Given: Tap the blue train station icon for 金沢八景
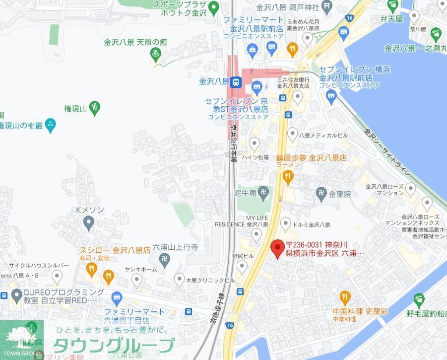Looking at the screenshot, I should (237, 81).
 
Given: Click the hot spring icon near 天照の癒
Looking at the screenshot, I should (156, 53).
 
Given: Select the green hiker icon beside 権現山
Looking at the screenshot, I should (94, 106).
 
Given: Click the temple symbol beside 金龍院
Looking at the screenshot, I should (321, 192).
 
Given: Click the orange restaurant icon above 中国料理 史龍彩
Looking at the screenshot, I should (345, 297).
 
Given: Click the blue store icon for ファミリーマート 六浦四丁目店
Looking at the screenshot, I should (117, 299).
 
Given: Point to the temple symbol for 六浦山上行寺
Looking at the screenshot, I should (165, 258).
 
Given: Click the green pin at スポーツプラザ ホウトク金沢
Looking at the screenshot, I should (214, 7).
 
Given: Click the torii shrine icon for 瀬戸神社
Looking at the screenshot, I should (327, 6).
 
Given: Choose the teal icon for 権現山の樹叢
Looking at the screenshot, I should (50, 125).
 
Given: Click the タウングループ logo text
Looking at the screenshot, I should (114, 345).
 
